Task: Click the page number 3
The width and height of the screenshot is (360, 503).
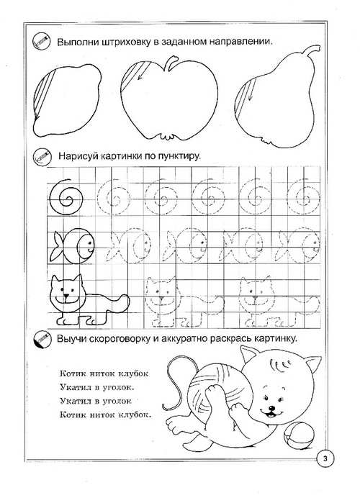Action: [325, 458]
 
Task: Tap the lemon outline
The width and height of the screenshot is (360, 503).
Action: [34, 106]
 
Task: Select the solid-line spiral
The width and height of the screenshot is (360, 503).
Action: [50, 196]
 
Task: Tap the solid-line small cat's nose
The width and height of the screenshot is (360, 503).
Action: [66, 295]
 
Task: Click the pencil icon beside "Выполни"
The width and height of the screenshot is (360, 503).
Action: [41, 41]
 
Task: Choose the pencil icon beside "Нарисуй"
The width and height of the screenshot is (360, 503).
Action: [41, 157]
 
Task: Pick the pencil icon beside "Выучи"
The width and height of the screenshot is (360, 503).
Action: [41, 339]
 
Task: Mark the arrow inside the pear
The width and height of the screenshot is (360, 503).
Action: [252, 90]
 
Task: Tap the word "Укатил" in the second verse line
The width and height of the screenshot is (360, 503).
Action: [75, 387]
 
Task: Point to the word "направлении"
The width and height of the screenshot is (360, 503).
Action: [240, 42]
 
